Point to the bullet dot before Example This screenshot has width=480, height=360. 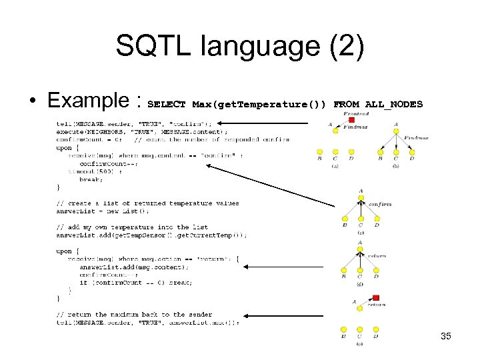[31, 101]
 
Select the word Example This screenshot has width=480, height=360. [90, 101]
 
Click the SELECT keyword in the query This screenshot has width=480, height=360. [166, 105]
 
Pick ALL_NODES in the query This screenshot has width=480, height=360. [393, 105]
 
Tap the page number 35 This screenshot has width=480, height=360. [446, 336]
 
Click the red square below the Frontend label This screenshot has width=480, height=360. [351, 120]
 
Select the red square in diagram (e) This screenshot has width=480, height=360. [376, 298]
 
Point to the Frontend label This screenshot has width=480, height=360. [356, 114]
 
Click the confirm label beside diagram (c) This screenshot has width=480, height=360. [379, 204]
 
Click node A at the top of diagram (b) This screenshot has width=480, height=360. [396, 125]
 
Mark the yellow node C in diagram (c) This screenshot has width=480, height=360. [360, 218]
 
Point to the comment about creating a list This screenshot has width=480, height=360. [147, 203]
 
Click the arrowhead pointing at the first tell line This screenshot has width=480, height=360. [223, 123]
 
